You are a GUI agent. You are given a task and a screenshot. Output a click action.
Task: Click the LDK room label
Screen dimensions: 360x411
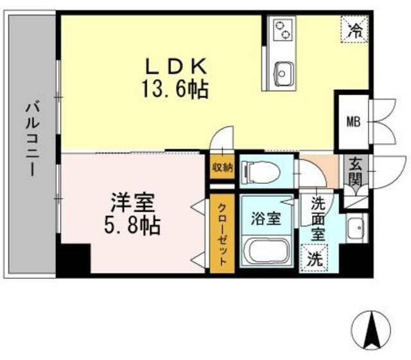[x=175, y=66]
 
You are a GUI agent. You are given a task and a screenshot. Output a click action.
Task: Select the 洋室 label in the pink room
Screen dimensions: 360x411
[x=134, y=204]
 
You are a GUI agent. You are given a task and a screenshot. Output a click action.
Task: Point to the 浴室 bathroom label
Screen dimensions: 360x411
[x=266, y=218]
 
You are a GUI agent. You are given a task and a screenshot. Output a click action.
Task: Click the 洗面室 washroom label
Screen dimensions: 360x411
[x=319, y=219]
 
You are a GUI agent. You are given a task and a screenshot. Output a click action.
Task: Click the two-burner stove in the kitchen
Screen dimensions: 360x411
[x=283, y=30]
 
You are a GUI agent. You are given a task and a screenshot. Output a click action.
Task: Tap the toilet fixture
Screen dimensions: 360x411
[x=260, y=171]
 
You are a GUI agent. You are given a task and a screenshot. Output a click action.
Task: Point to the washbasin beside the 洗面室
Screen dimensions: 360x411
[x=355, y=228]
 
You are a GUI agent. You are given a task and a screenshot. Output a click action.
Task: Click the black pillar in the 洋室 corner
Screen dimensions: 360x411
[x=72, y=260]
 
